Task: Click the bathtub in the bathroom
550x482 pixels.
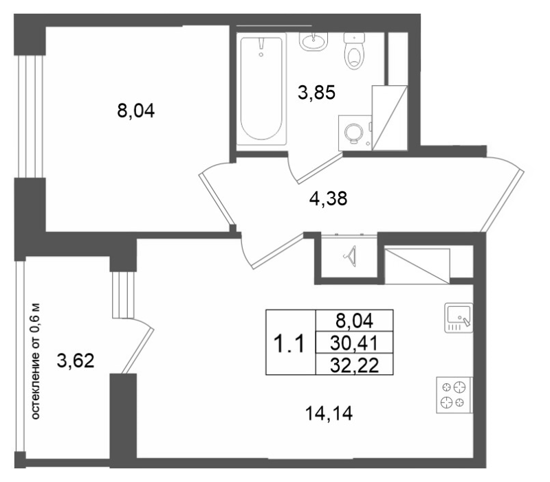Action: [261, 89]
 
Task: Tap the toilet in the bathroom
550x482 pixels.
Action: [355, 51]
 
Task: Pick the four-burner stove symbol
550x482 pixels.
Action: [454, 395]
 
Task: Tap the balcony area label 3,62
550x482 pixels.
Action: [76, 362]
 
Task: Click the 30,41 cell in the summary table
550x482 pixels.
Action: [353, 341]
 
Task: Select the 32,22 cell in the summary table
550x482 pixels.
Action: [353, 363]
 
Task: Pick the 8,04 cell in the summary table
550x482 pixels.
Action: [353, 320]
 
